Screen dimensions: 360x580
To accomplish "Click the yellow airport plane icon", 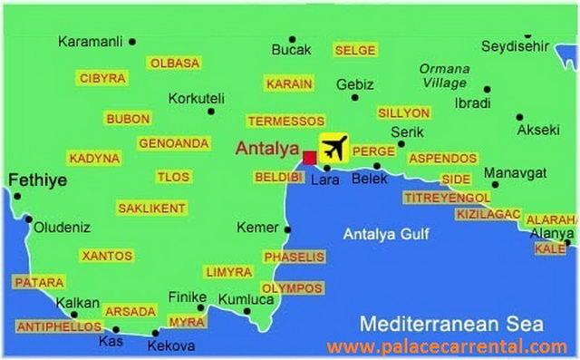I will [x=334, y=148].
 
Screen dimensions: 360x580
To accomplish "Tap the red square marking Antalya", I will [x=309, y=157].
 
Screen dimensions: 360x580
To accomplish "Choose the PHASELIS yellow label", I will [x=293, y=258].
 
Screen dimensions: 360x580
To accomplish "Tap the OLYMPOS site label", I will [x=292, y=288].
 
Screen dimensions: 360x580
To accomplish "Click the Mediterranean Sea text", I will [x=450, y=323].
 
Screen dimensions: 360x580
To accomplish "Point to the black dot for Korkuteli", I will [x=211, y=112].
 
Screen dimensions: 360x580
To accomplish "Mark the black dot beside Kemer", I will [x=287, y=229].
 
